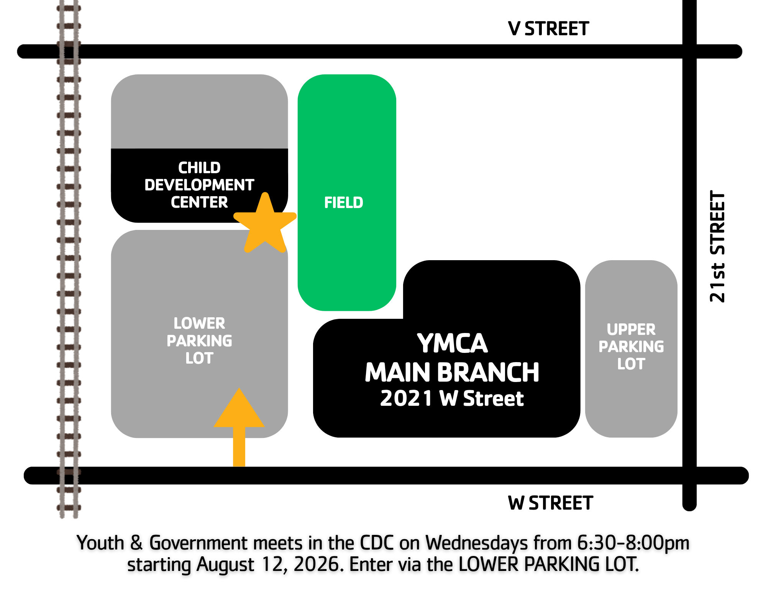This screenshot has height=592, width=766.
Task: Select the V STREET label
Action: click(548, 29)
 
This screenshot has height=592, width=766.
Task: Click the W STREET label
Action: click(550, 503)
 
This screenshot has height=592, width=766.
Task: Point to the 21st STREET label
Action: click(717, 246)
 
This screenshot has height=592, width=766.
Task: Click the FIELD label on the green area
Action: click(344, 202)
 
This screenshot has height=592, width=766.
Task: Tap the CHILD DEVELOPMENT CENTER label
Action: click(199, 185)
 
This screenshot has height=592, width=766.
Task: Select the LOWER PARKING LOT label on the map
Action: click(199, 341)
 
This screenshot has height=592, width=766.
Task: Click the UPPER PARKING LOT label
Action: click(631, 346)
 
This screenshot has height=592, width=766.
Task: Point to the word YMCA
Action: click(452, 343)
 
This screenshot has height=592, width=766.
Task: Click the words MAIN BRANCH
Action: click(452, 372)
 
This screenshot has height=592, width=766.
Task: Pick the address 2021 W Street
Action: click(452, 398)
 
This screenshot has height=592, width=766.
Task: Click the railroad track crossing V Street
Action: click(69, 51)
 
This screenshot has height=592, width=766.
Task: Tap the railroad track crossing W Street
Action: click(69, 476)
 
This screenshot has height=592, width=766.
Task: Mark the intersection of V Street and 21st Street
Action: click(689, 51)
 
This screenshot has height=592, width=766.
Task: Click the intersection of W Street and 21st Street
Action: click(689, 476)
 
